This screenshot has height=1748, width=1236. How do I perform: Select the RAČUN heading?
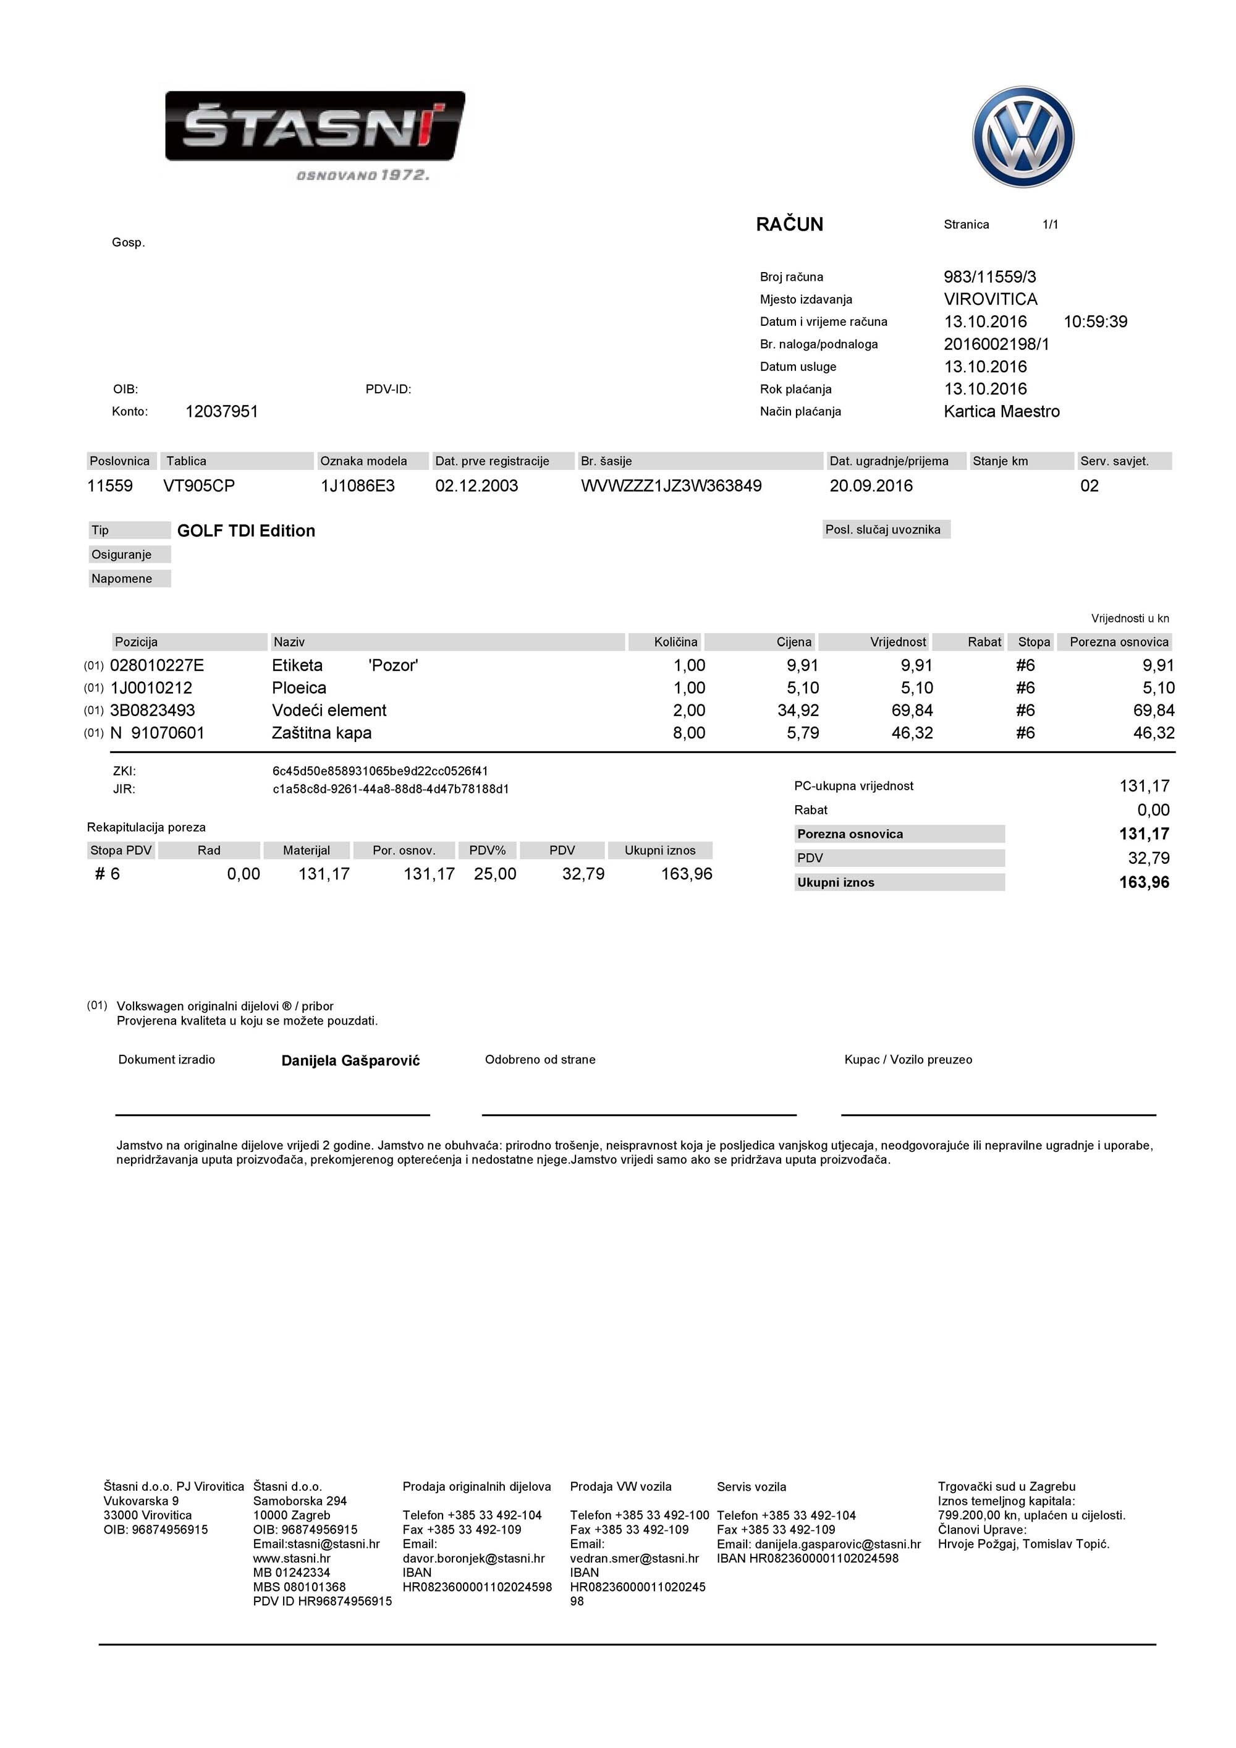coord(789,224)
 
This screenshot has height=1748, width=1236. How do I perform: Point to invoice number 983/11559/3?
coord(989,277)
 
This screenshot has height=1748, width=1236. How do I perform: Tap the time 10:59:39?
coord(1095,322)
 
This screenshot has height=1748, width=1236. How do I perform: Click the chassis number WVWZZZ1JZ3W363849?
coord(671,486)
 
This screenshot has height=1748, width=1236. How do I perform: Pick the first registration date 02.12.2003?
coord(476,486)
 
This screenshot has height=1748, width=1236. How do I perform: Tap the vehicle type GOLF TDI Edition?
coord(246,531)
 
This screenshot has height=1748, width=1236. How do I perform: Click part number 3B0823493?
coord(152,710)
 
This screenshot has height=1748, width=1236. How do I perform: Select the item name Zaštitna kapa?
coord(321,733)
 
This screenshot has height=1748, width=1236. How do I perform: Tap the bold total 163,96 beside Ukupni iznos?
coord(1143,882)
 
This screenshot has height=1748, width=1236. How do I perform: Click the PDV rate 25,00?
coord(494,874)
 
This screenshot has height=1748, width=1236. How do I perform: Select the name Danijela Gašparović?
coord(350,1060)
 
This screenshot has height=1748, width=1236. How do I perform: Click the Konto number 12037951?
coord(221,412)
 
